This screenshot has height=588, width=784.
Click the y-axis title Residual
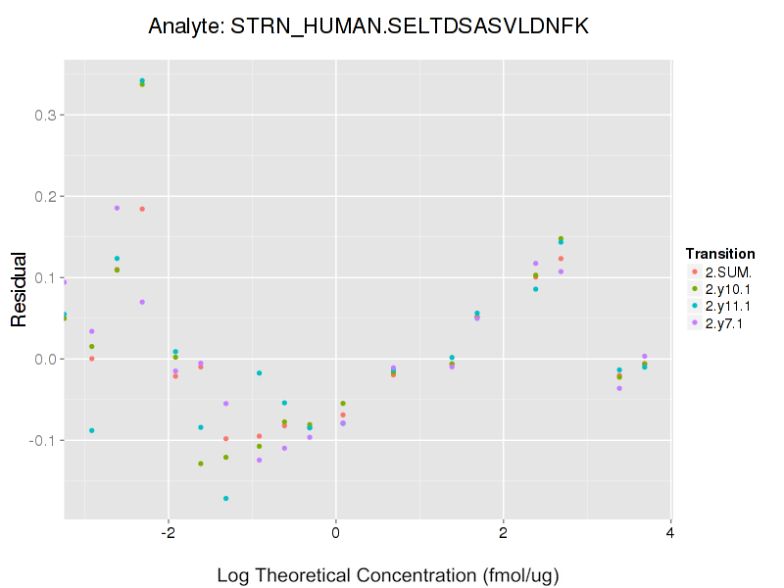[19, 294]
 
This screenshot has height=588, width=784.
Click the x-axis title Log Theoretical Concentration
[388, 574]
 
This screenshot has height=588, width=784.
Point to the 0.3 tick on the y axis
[45, 116]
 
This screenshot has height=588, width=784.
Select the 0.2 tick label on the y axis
[45, 197]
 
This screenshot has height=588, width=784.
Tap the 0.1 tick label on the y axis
[45, 278]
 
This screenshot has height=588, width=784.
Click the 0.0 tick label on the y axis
[45, 360]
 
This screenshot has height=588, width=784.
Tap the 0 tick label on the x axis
[335, 534]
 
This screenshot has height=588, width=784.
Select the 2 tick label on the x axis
[503, 534]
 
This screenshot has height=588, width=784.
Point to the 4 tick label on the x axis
[670, 534]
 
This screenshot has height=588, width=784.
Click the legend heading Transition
[719, 254]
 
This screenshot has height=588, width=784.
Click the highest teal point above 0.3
[142, 80]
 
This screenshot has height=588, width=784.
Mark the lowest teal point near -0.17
[225, 499]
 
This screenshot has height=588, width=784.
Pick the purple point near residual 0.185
[117, 208]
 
